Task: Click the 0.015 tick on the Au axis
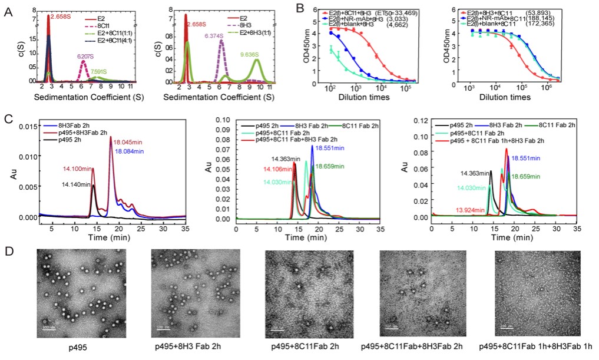[25, 125]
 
